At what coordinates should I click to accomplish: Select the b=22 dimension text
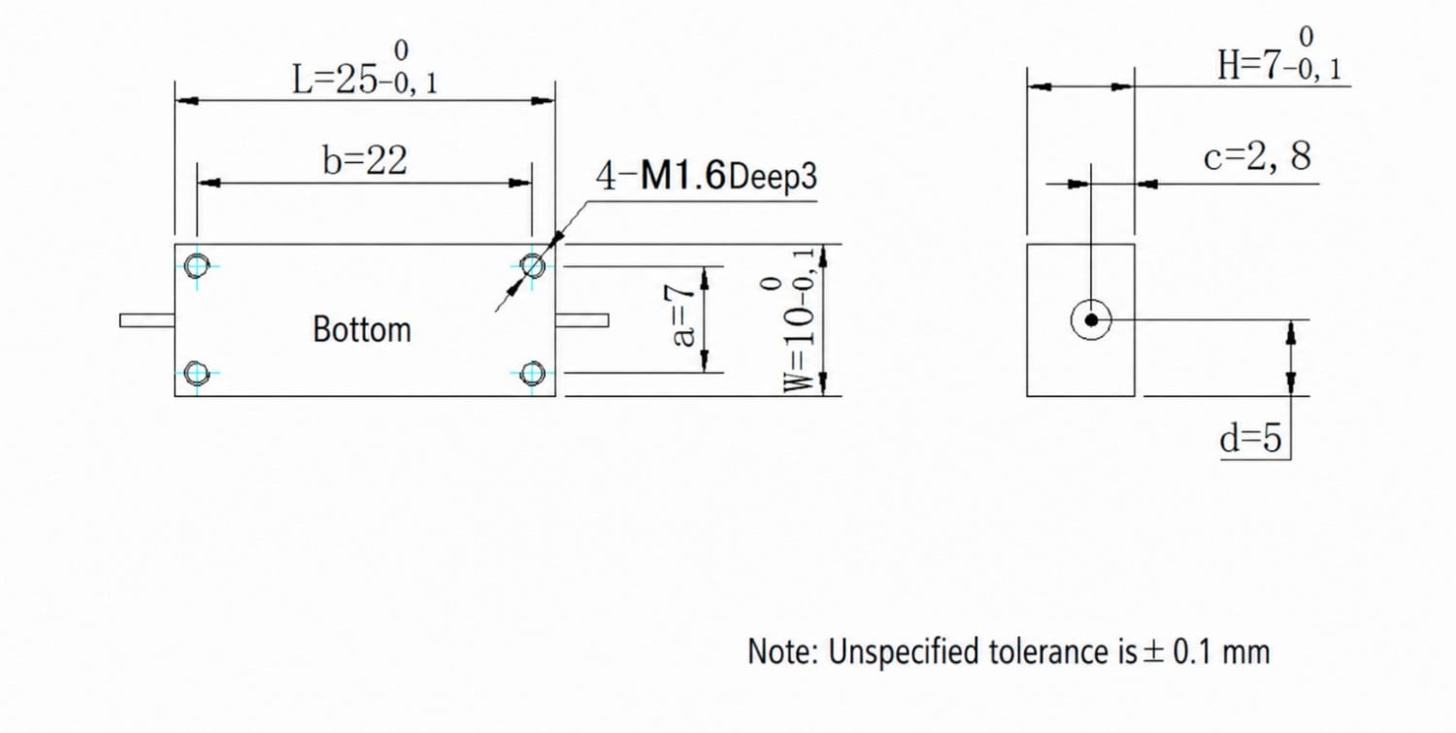tap(365, 160)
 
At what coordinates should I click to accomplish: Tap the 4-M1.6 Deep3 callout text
tap(707, 175)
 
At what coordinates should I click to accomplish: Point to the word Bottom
tap(362, 329)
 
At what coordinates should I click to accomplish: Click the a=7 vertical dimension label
tap(679, 316)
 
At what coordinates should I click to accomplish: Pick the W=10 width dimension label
tap(790, 320)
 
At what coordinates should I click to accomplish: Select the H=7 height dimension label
tap(1279, 55)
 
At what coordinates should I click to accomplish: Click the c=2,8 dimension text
tap(1257, 156)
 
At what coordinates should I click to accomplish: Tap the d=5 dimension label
tap(1250, 438)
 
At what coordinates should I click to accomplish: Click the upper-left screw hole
tap(196, 265)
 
